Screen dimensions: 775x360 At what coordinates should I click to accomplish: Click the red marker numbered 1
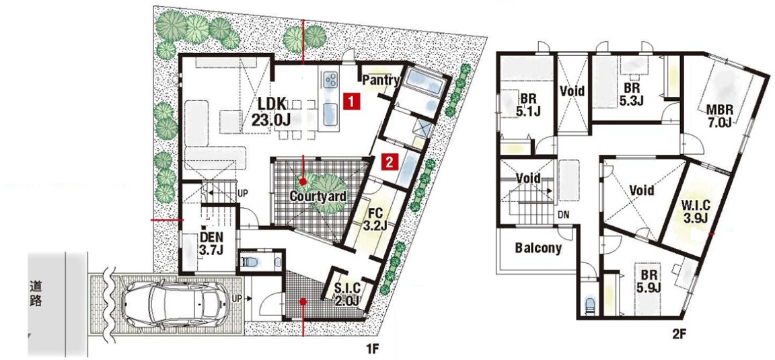(x=350, y=102)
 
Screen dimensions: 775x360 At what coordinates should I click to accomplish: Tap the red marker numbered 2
(x=390, y=161)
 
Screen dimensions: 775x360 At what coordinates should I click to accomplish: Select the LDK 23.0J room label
(x=272, y=112)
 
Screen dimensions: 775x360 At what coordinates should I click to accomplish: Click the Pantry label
(x=381, y=80)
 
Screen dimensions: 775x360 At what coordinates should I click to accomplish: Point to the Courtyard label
(x=318, y=196)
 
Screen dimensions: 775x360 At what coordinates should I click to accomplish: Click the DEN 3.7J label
(x=211, y=243)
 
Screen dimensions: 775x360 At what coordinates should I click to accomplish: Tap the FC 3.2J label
(x=375, y=220)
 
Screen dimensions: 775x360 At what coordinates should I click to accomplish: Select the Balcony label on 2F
(x=538, y=248)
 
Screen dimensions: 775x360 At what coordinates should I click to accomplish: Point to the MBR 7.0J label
(x=719, y=116)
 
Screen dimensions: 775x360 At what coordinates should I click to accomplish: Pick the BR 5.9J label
(x=649, y=281)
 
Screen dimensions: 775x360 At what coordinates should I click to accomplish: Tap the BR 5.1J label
(x=526, y=104)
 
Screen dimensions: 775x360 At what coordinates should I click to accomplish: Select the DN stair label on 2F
(x=564, y=215)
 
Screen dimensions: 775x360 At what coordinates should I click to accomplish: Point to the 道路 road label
(x=34, y=294)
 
